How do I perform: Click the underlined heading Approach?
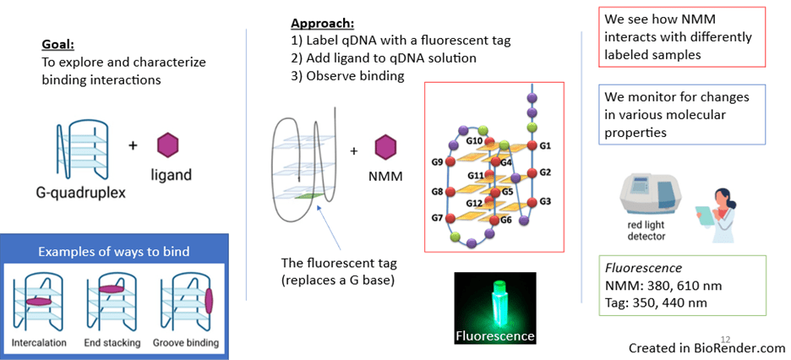click(323, 23)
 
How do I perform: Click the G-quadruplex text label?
click(81, 192)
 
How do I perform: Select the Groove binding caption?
click(186, 342)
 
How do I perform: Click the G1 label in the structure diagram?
click(545, 145)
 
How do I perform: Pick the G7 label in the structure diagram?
click(438, 219)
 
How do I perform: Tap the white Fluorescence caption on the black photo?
click(495, 335)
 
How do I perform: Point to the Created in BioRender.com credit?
click(706, 347)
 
